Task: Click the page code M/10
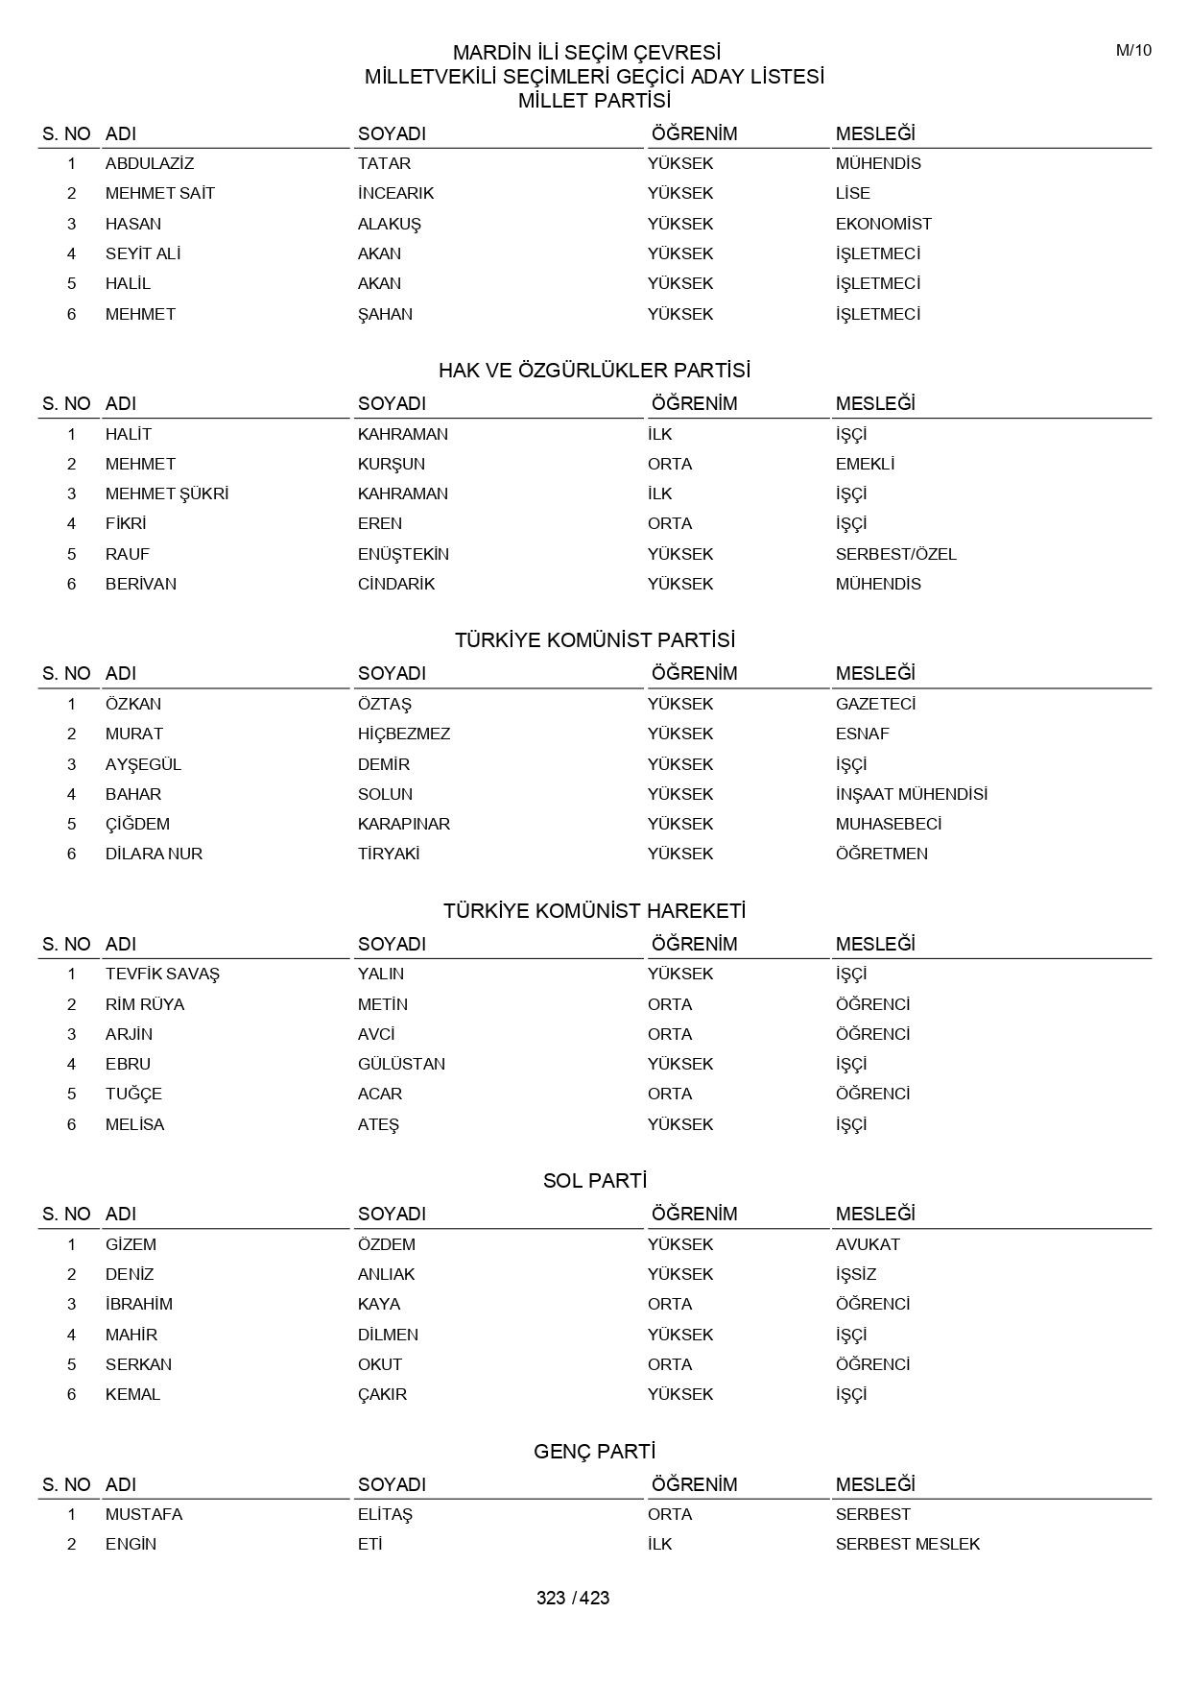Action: click(x=1133, y=51)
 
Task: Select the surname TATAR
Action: click(x=384, y=163)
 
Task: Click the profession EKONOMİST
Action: click(x=883, y=224)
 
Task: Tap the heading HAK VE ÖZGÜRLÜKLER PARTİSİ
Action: click(x=594, y=371)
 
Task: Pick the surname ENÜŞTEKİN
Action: click(x=403, y=554)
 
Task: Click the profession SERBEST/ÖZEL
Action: click(x=895, y=554)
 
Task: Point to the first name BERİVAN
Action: click(x=141, y=584)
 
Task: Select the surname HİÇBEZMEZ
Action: click(x=404, y=734)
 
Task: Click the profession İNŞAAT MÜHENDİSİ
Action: click(x=911, y=794)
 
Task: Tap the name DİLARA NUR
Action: click(x=154, y=854)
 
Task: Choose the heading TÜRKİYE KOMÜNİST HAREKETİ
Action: click(x=594, y=911)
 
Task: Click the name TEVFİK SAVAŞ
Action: click(x=162, y=974)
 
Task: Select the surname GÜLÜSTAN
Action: click(x=401, y=1064)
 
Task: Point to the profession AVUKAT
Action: click(x=868, y=1244)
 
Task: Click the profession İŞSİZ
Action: click(x=856, y=1274)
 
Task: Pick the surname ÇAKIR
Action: click(x=382, y=1394)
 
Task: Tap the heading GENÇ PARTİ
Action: click(x=594, y=1452)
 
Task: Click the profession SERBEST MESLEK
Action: click(x=907, y=1544)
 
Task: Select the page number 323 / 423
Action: click(x=573, y=1598)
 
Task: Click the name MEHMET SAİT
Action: click(x=160, y=193)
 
